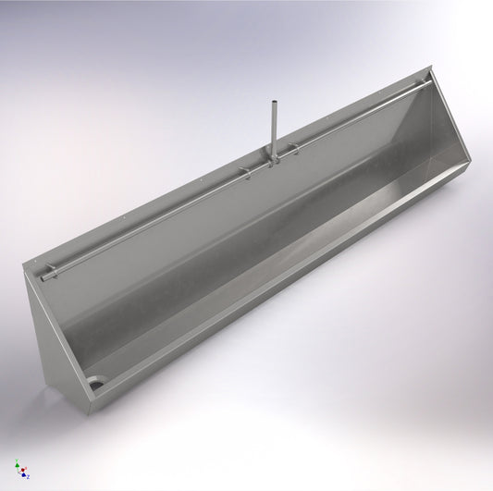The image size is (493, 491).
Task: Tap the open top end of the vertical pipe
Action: coord(276,104)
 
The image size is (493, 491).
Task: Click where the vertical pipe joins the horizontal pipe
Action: coord(275,161)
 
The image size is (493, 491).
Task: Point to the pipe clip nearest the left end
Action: coord(54,269)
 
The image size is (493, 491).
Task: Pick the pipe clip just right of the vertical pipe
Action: coord(294,148)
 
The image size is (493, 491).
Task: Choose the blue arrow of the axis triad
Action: coord(23,474)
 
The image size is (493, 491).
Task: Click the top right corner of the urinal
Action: coord(435,66)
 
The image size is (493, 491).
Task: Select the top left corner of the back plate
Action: coord(23,269)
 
